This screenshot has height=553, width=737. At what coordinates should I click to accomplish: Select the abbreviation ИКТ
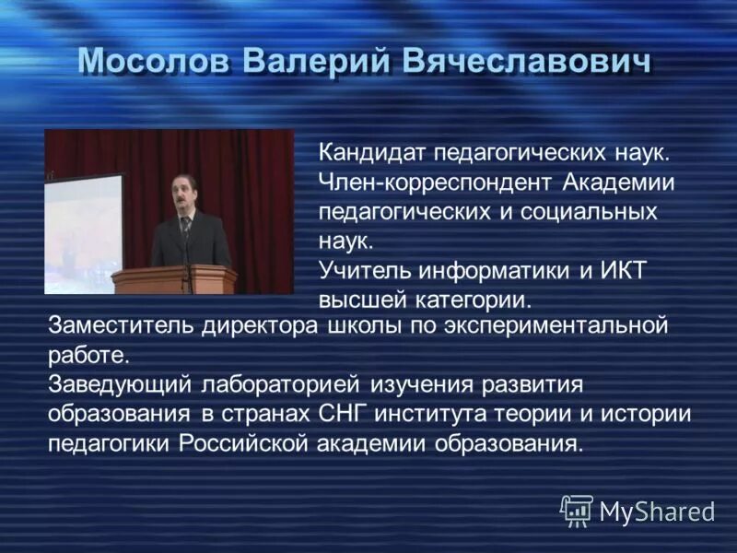coord(629,271)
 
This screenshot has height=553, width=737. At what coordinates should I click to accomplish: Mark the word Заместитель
coord(112,325)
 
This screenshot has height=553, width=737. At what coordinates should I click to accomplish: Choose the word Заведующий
coord(111,383)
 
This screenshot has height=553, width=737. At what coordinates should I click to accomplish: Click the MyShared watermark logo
coord(638,510)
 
